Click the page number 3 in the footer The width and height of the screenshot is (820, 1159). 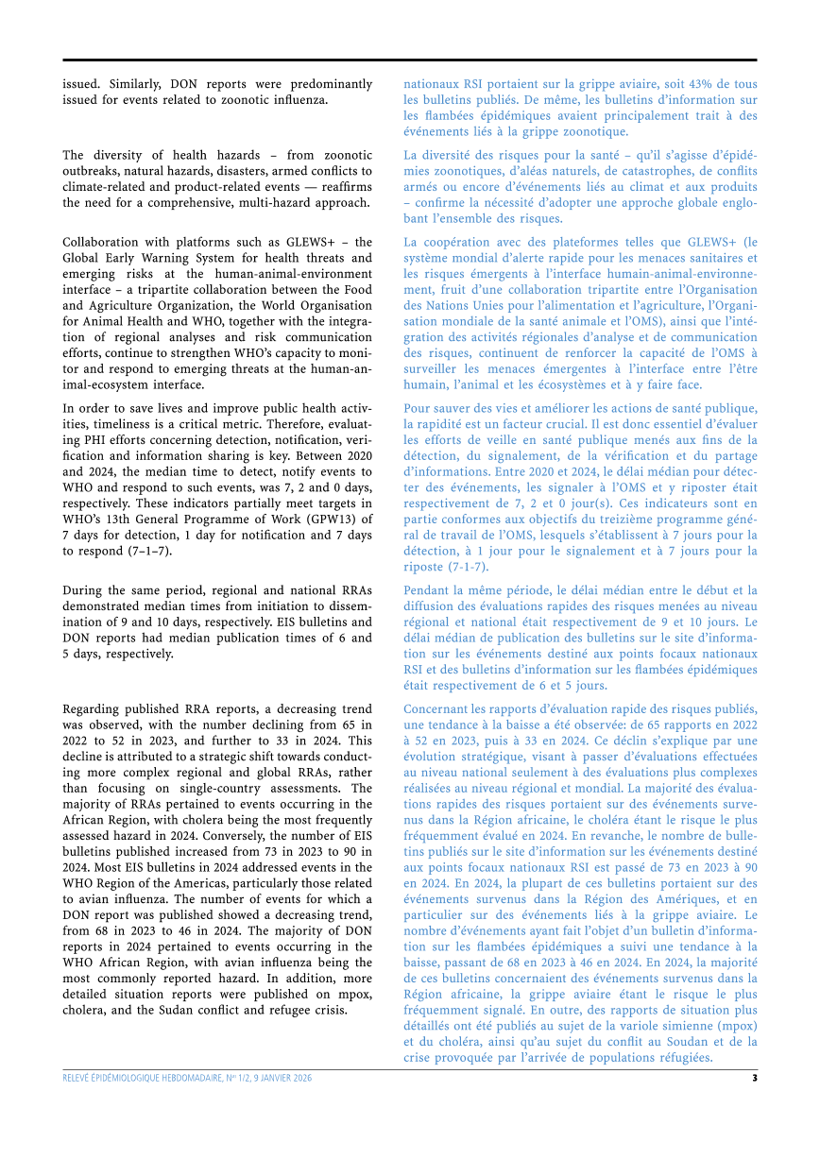click(754, 1078)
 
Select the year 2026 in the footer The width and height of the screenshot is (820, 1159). click(301, 1078)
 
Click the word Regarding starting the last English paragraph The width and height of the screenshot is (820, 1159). click(93, 708)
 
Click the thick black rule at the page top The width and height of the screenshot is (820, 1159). click(409, 60)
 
